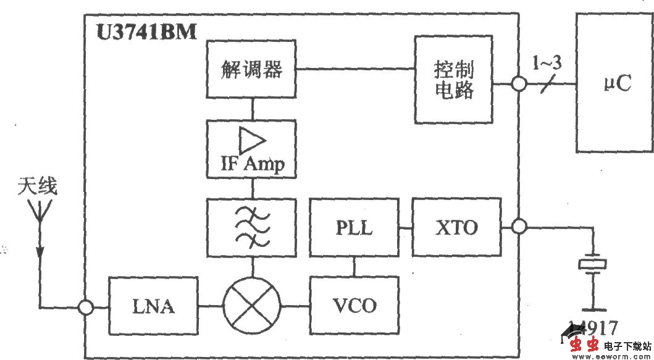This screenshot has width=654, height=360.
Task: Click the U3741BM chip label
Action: coord(146,31)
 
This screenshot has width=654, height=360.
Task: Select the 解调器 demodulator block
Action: coord(252,69)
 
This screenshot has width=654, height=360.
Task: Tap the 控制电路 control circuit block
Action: coord(455,80)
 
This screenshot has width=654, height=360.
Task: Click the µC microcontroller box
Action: coord(614,83)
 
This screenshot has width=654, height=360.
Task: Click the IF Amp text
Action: coord(252,164)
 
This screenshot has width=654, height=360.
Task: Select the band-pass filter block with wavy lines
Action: coord(252,227)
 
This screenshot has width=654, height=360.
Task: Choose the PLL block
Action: coord(354,228)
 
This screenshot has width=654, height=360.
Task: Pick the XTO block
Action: coord(456,227)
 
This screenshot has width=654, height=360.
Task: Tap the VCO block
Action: coord(354,305)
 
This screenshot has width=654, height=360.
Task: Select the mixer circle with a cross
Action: coord(252,306)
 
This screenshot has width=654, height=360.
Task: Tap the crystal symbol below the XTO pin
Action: coord(593,265)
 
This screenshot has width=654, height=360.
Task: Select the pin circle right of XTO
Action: coord(519,227)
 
